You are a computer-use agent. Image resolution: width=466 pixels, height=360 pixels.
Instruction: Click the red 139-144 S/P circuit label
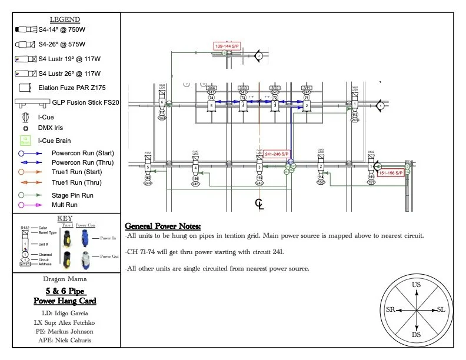(x=227, y=45)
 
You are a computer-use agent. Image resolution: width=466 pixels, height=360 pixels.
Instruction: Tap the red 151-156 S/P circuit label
(x=391, y=173)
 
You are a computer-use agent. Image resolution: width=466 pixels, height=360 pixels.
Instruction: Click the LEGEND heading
(x=65, y=19)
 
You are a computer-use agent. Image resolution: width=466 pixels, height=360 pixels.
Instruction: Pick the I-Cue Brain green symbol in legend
(x=25, y=140)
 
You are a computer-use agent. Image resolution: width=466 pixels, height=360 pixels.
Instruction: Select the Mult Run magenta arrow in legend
(x=29, y=205)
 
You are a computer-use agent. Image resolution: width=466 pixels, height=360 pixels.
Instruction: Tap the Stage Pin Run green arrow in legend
(x=29, y=194)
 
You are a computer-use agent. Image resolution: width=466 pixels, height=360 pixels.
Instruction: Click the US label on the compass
(x=417, y=285)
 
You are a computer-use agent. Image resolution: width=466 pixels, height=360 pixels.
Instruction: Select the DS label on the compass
(x=417, y=335)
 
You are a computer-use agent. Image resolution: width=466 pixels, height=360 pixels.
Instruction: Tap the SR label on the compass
(x=390, y=310)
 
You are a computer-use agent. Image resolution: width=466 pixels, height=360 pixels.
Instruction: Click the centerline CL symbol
(x=259, y=204)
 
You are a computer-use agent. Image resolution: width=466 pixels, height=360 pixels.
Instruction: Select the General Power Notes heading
(x=163, y=226)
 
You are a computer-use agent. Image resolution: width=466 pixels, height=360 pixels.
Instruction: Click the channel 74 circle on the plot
(x=211, y=98)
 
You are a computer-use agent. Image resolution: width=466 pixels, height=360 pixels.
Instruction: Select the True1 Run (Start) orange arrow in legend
(x=29, y=172)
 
